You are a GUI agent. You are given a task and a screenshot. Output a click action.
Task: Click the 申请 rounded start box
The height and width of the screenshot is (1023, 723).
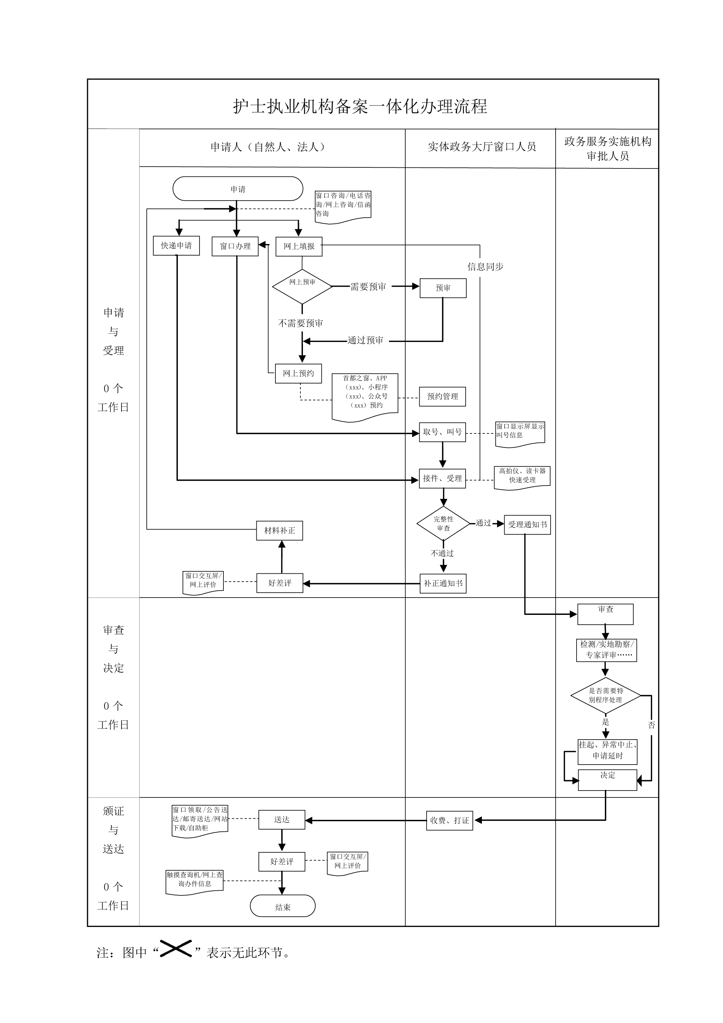click(x=238, y=189)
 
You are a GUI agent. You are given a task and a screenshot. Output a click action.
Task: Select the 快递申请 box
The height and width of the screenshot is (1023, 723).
click(x=176, y=245)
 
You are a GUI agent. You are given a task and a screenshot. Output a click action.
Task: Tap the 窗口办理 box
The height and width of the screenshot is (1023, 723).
click(x=235, y=246)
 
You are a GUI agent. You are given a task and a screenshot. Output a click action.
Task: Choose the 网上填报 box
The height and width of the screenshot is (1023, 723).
click(x=299, y=246)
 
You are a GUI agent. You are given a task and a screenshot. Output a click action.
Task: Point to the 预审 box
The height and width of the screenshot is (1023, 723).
click(x=443, y=288)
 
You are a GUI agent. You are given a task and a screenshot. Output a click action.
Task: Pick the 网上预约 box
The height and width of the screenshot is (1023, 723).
click(x=298, y=373)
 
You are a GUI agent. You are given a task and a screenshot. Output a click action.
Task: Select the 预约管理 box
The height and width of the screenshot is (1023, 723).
click(x=442, y=397)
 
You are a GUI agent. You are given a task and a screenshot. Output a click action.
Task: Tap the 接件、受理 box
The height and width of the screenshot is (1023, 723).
click(x=442, y=479)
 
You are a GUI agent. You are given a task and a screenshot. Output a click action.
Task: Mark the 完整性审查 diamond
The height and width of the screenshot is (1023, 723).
click(x=443, y=523)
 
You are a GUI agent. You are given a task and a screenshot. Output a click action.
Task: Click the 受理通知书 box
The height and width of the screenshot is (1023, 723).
click(x=527, y=525)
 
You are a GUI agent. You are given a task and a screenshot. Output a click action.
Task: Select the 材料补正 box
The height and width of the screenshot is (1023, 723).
click(x=279, y=531)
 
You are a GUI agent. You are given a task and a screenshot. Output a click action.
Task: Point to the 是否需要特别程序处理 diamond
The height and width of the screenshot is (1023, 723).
click(x=606, y=695)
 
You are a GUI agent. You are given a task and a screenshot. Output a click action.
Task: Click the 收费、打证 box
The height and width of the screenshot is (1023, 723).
click(x=449, y=820)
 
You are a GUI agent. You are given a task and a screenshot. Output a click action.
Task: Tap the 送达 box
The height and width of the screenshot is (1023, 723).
click(x=282, y=820)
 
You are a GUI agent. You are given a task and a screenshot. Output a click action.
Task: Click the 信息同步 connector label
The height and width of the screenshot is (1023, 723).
click(x=485, y=267)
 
